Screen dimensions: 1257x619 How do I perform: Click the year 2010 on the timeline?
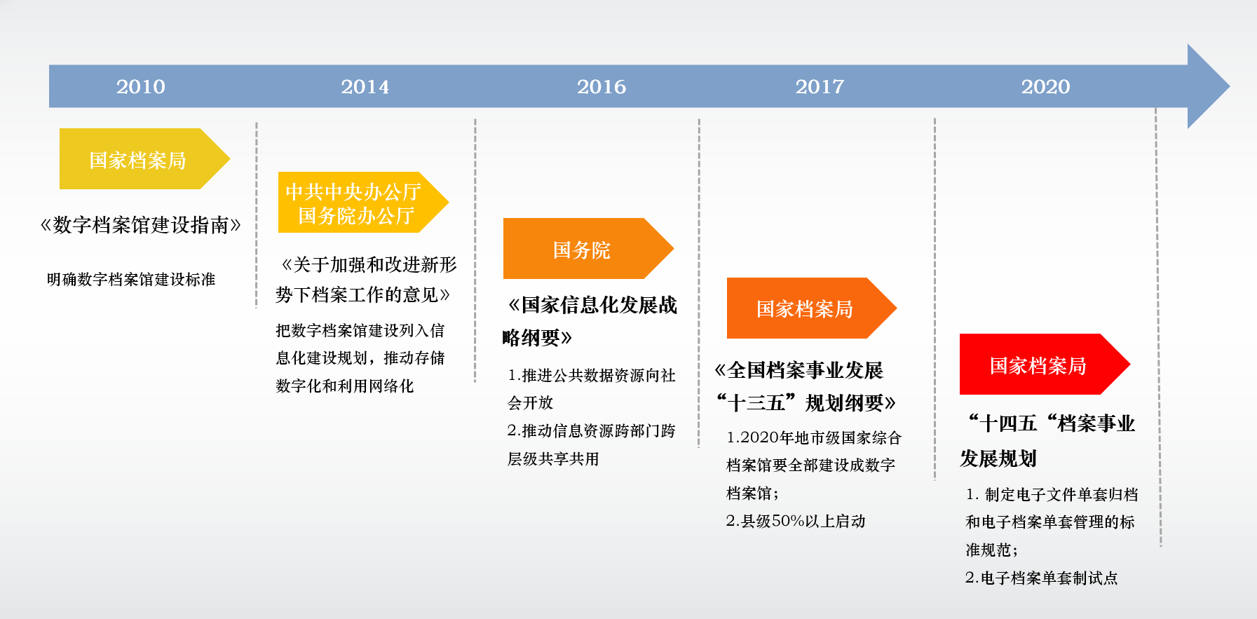coord(141,86)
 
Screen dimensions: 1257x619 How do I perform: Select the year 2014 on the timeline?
coord(365,86)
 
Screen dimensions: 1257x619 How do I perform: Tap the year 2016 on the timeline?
coord(602,86)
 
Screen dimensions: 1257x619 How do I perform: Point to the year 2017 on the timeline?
coord(820,86)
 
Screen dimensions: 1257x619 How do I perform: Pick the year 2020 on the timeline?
coord(1045,86)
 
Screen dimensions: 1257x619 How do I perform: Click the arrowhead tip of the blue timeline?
coord(1229,86)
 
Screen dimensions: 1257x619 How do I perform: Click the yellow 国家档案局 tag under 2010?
coord(144,159)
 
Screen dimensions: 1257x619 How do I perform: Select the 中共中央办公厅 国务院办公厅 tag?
coord(363,202)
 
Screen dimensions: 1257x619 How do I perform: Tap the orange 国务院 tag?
coord(588,249)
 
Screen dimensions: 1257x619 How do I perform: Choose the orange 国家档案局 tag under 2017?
coord(812,308)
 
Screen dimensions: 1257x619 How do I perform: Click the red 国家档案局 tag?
coord(1045,365)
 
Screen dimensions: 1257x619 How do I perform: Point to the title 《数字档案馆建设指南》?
coord(141,225)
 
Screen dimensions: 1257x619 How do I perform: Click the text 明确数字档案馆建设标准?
coord(131,280)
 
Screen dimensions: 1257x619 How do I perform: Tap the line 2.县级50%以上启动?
coord(796,521)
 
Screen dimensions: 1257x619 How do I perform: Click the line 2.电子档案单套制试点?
coord(1041,578)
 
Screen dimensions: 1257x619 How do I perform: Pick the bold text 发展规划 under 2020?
coord(998,458)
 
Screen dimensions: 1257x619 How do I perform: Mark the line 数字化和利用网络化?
coord(345,386)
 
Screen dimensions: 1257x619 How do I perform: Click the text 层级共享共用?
coord(553,459)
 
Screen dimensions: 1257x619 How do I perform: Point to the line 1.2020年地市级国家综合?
coord(814,438)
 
